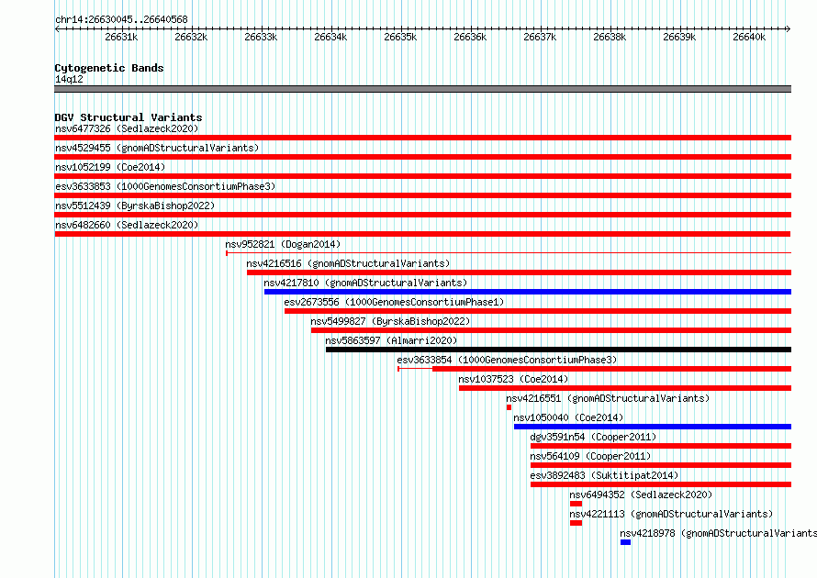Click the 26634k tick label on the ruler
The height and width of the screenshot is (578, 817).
click(330, 37)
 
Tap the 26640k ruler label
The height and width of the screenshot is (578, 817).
click(749, 37)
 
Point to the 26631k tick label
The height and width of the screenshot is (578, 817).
click(121, 37)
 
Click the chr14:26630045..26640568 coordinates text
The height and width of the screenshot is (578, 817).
click(121, 20)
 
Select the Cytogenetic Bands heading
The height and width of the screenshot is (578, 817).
click(109, 68)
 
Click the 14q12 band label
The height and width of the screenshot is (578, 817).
click(69, 79)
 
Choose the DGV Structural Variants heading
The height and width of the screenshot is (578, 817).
click(129, 117)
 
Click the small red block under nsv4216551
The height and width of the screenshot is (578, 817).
click(509, 407)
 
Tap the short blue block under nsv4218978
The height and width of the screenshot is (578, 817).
click(626, 542)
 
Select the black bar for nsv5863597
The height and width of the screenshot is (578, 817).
click(558, 350)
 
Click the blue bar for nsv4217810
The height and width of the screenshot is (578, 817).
click(528, 292)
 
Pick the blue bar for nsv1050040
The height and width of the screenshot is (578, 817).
click(653, 427)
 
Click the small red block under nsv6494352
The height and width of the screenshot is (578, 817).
click(576, 504)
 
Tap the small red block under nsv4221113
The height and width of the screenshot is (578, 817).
click(576, 523)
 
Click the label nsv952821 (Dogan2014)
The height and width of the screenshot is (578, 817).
click(283, 244)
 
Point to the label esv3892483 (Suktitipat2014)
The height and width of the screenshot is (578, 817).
click(604, 475)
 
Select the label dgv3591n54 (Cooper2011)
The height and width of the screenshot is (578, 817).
click(593, 437)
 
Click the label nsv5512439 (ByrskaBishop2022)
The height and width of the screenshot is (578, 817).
click(135, 206)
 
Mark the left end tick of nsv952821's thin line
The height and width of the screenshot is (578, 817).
click(227, 253)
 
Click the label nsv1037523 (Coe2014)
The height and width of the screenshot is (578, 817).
click(513, 379)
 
